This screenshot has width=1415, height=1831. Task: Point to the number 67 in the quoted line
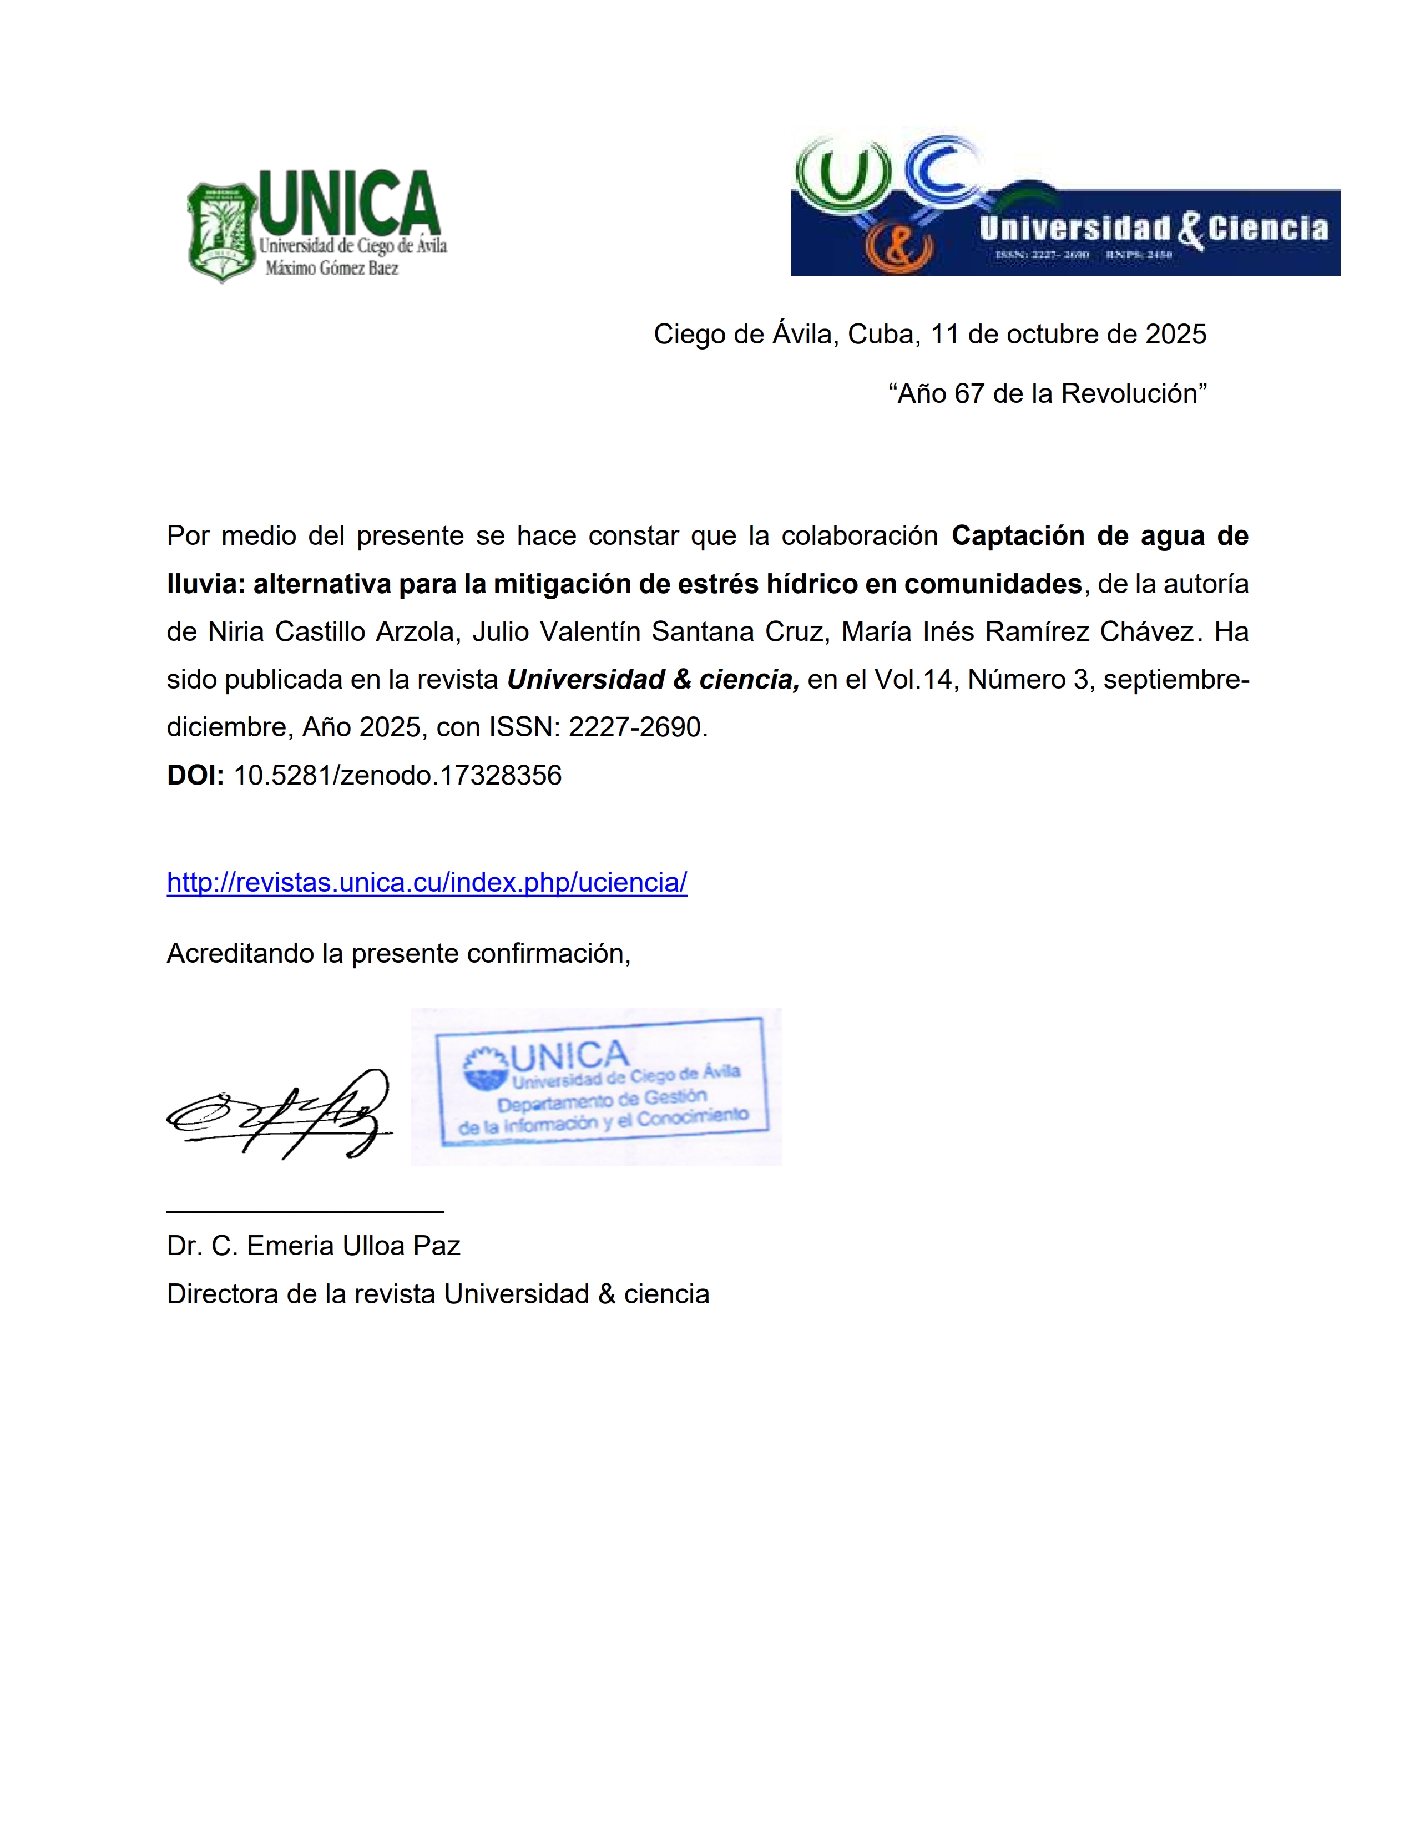[969, 393]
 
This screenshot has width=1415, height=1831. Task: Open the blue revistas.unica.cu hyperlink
[427, 882]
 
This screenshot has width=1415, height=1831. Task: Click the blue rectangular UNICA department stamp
[602, 1081]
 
